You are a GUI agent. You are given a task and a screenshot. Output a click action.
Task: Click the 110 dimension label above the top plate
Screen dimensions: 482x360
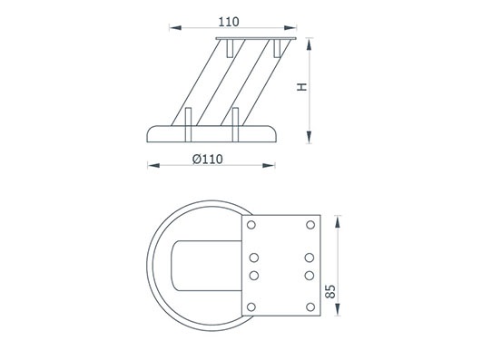point(229,22)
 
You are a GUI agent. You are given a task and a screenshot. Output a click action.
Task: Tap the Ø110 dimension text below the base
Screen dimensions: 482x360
point(208,159)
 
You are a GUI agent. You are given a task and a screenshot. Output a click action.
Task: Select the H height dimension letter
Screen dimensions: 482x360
point(302,87)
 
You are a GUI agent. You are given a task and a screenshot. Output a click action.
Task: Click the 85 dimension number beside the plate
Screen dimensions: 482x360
point(330,291)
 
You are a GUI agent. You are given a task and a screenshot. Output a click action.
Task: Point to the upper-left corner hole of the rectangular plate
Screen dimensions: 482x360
point(251,225)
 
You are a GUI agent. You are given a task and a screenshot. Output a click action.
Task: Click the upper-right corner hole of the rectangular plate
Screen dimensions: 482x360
point(310,225)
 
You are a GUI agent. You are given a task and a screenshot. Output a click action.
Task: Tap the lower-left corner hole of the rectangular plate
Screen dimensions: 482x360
point(251,306)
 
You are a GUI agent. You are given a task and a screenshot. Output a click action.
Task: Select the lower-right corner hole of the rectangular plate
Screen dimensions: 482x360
point(310,306)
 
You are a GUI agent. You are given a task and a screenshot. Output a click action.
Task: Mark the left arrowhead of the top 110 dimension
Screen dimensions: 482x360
point(175,27)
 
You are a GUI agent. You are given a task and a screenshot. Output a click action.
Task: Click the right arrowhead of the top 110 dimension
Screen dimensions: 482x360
point(290,27)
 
